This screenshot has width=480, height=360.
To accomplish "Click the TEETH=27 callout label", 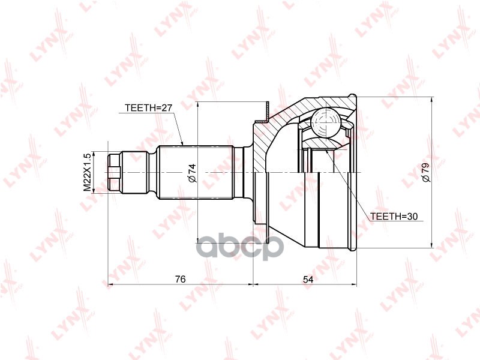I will pos(148,108).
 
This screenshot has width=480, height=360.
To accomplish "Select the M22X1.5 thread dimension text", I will pos(87,172).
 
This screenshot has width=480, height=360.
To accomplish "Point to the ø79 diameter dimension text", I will pos(425,172).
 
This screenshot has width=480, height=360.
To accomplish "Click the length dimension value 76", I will pos(180,278).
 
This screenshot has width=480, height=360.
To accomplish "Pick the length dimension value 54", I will pos(307,278).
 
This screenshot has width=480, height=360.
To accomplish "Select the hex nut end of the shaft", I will pos(115,172).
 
